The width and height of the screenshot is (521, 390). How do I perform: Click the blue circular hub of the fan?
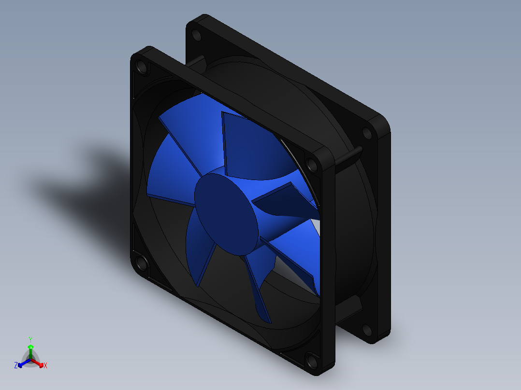tap(226, 214)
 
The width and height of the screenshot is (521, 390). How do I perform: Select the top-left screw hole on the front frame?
tap(142, 68)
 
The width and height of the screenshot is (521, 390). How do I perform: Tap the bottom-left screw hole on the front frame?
tap(142, 263)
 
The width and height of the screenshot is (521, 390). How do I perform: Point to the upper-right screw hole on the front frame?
tap(312, 165)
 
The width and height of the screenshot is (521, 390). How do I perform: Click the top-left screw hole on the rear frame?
tap(196, 35)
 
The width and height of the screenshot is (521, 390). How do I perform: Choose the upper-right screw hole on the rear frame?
tap(367, 133)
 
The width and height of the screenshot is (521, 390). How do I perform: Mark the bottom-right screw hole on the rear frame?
tap(367, 330)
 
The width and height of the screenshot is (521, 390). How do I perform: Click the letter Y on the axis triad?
tap(30, 339)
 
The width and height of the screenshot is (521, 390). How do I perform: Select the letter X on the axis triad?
tap(45, 365)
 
